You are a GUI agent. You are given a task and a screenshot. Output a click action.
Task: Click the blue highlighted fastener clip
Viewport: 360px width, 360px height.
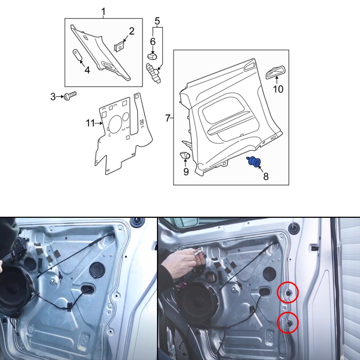point(254,162)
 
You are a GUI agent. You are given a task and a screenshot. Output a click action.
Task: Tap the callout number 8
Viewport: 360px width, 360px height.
point(266,176)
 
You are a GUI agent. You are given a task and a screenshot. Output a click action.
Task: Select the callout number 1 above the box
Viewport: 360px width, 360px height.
point(103,12)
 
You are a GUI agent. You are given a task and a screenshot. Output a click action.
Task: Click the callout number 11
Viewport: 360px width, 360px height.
point(90,123)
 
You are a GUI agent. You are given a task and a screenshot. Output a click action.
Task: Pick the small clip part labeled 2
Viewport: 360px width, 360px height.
point(119,47)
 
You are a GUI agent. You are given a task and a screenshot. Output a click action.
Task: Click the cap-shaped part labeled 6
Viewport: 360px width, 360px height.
point(152,56)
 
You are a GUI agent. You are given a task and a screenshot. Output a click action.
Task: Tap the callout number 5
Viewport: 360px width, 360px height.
point(157,21)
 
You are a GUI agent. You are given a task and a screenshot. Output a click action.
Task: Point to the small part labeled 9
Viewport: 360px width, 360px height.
point(185,156)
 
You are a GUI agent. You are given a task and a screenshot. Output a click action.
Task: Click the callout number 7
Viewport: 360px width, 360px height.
point(168,118)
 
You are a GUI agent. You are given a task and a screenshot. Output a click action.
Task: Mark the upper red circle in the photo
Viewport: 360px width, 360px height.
point(288,292)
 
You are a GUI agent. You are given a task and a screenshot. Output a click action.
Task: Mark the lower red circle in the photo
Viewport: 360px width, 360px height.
point(288,323)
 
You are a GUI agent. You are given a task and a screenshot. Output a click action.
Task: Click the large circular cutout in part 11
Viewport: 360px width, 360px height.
point(115,123)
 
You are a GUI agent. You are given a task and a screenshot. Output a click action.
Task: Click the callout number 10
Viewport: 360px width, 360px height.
point(278,89)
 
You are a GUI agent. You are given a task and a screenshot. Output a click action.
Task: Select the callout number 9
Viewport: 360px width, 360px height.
point(186,171)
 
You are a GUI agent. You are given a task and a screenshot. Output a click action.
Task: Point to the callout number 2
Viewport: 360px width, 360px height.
point(131,31)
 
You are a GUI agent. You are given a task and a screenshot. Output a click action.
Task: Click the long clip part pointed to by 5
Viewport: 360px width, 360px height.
point(153,73)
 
